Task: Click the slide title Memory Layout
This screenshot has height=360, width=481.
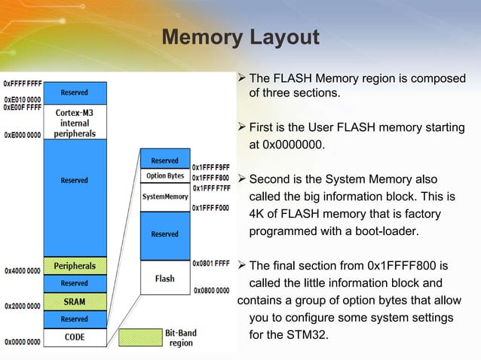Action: click(240, 37)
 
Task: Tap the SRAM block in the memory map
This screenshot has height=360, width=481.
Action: click(74, 301)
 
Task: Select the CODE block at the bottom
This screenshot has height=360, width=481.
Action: click(74, 337)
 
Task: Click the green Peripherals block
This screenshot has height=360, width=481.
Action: click(74, 266)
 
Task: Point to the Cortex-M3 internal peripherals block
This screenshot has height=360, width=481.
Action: click(74, 124)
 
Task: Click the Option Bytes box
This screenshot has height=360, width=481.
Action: click(165, 176)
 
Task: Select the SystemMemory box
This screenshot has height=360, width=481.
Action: click(165, 197)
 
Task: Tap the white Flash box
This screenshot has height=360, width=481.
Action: click(165, 278)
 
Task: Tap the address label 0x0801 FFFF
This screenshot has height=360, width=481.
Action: click(211, 264)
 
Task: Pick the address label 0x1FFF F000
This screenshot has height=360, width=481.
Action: click(211, 208)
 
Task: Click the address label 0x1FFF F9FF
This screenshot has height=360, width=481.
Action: click(211, 167)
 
